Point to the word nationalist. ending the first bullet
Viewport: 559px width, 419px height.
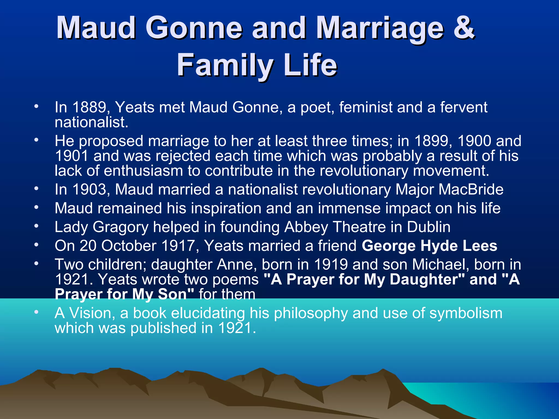click(x=91, y=122)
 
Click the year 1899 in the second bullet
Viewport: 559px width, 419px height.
click(x=433, y=141)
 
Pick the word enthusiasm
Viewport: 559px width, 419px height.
click(x=143, y=171)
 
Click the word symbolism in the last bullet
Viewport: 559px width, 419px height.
click(x=466, y=313)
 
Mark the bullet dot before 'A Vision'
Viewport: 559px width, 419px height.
click(x=36, y=312)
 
